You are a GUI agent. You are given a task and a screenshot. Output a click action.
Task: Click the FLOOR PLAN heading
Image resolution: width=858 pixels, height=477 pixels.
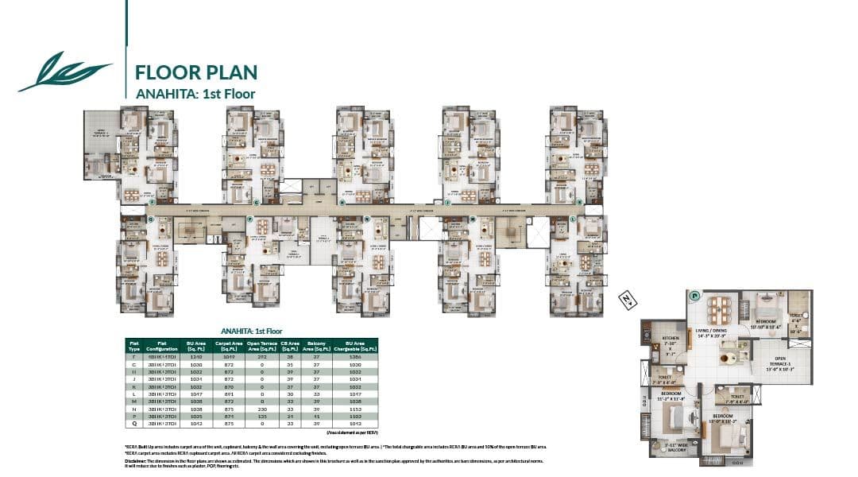pyautogui.click(x=196, y=72)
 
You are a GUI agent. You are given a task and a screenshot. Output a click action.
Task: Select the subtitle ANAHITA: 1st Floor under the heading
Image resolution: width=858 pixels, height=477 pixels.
pyautogui.click(x=187, y=92)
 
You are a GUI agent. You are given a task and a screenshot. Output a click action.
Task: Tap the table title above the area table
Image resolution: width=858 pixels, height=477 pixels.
pyautogui.click(x=251, y=331)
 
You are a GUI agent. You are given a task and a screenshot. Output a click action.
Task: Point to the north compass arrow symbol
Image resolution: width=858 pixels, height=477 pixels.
pyautogui.click(x=628, y=301)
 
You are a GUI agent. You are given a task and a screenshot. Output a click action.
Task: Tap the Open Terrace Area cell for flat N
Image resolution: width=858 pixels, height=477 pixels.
pyautogui.click(x=262, y=408)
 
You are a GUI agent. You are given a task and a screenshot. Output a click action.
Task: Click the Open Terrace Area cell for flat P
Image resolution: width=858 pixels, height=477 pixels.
pyautogui.click(x=262, y=416)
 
